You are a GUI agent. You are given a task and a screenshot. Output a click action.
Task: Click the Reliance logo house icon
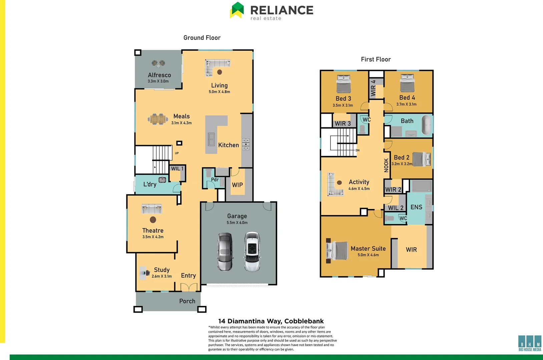pyautogui.click(x=237, y=10)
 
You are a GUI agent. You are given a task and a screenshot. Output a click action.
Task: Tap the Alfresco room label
pyautogui.click(x=159, y=75)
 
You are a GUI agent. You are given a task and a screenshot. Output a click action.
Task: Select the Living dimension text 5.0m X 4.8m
pyautogui.click(x=219, y=92)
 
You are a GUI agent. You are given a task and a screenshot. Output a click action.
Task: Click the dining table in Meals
pyautogui.click(x=158, y=119)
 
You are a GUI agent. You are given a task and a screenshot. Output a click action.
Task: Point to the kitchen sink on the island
pyautogui.click(x=211, y=139)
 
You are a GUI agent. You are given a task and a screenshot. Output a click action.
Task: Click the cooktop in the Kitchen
pyautogui.click(x=246, y=144)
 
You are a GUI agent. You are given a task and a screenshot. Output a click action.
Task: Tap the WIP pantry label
pyautogui.click(x=237, y=185)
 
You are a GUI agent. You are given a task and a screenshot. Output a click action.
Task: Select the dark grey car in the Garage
pyautogui.click(x=225, y=252)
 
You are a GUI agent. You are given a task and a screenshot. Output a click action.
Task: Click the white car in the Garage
pyautogui.click(x=252, y=252)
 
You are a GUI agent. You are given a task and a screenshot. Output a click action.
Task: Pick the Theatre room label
pyautogui.click(x=153, y=230)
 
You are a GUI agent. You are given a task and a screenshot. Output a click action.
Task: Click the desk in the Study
pyautogui.click(x=144, y=273)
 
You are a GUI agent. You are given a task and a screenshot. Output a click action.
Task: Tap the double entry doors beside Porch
pyautogui.click(x=189, y=287)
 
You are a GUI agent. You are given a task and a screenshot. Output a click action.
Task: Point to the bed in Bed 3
pyautogui.click(x=344, y=84)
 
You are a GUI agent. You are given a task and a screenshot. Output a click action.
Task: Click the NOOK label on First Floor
pyautogui.click(x=386, y=165)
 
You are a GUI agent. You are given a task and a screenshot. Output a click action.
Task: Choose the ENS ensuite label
pyautogui.click(x=416, y=207)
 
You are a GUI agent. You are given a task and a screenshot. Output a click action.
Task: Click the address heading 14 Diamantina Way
pyautogui.click(x=271, y=321)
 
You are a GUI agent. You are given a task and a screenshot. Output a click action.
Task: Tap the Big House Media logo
pyautogui.click(x=530, y=343)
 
